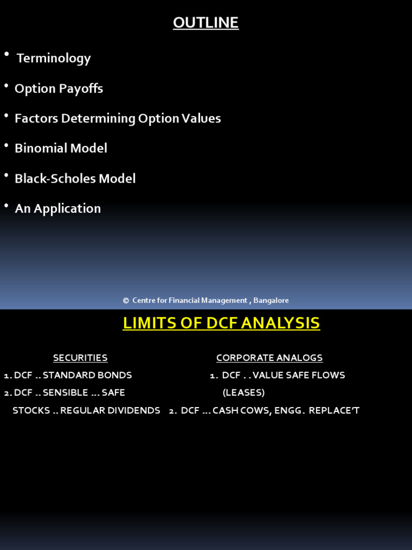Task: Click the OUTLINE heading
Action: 205,23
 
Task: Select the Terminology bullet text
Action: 54,58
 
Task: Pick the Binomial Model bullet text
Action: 61,148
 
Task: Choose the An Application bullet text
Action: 57,208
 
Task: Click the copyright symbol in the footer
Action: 126,301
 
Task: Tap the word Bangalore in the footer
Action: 271,301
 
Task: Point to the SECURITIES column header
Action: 80,358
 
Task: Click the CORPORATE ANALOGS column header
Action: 269,358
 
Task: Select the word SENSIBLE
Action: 65,393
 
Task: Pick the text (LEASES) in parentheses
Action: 244,393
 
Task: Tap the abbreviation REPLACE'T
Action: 334,410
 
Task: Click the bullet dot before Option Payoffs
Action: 6,86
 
